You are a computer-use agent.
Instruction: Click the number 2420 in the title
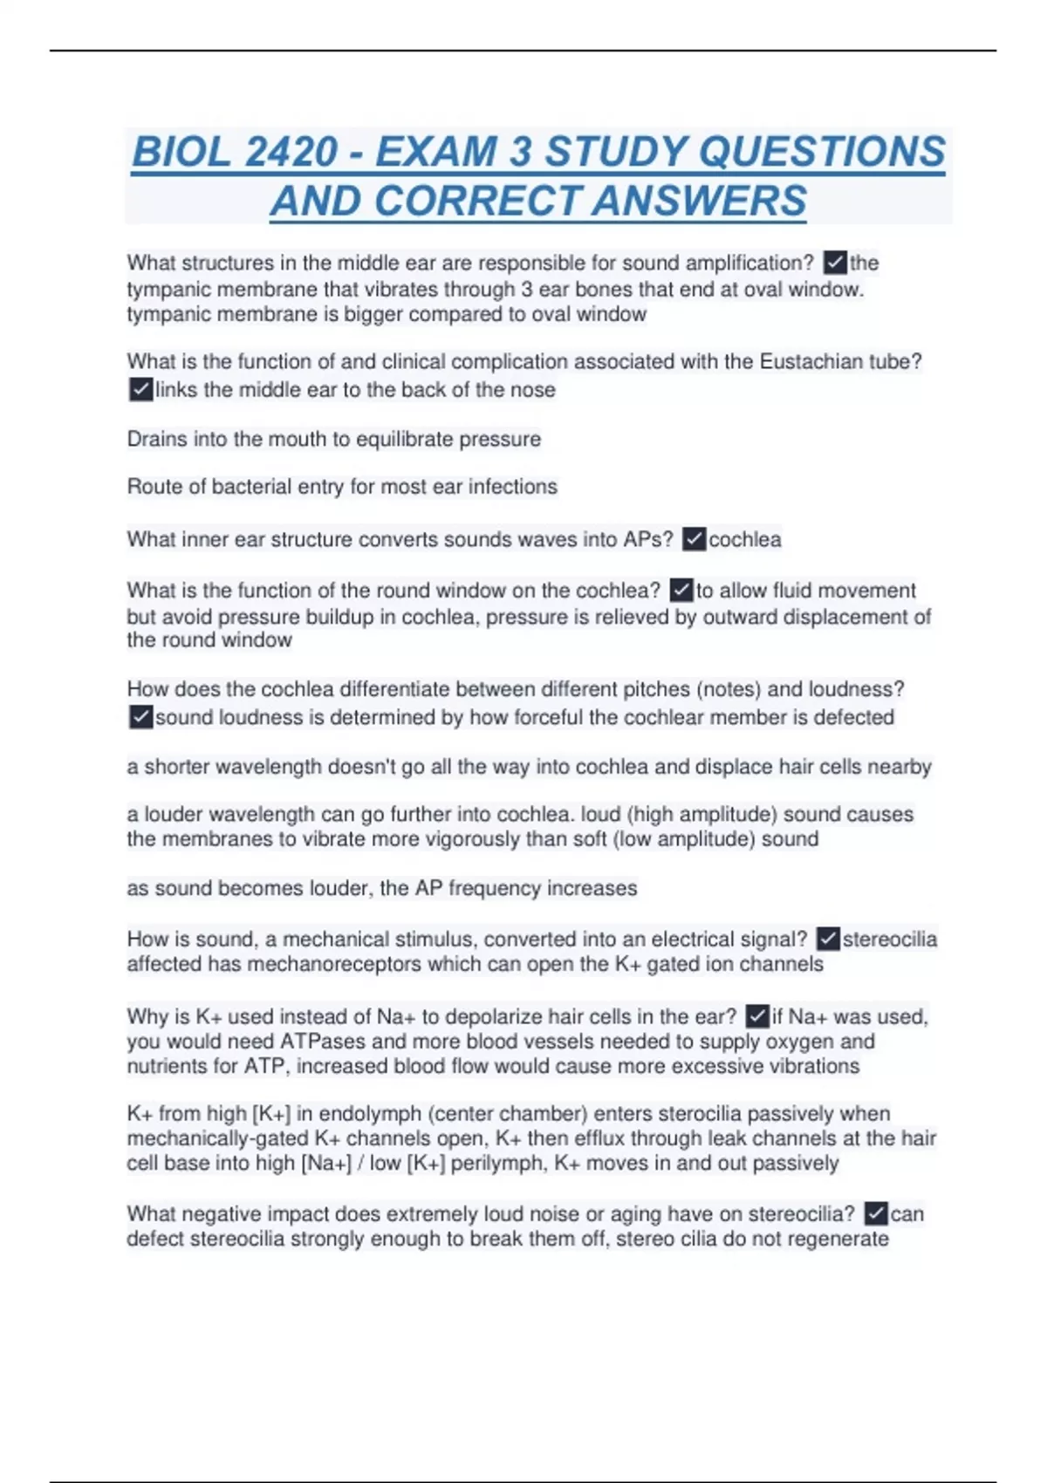point(291,152)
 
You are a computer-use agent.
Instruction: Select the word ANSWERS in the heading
point(699,201)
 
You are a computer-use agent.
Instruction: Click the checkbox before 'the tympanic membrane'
point(835,263)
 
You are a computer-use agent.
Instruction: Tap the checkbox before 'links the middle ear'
point(140,389)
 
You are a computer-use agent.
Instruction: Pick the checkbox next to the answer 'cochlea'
point(694,539)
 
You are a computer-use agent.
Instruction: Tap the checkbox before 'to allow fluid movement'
point(681,591)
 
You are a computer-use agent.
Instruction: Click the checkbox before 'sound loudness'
point(140,717)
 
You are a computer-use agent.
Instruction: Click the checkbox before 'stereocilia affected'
point(828,939)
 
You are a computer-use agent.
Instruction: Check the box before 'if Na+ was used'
point(757,1016)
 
